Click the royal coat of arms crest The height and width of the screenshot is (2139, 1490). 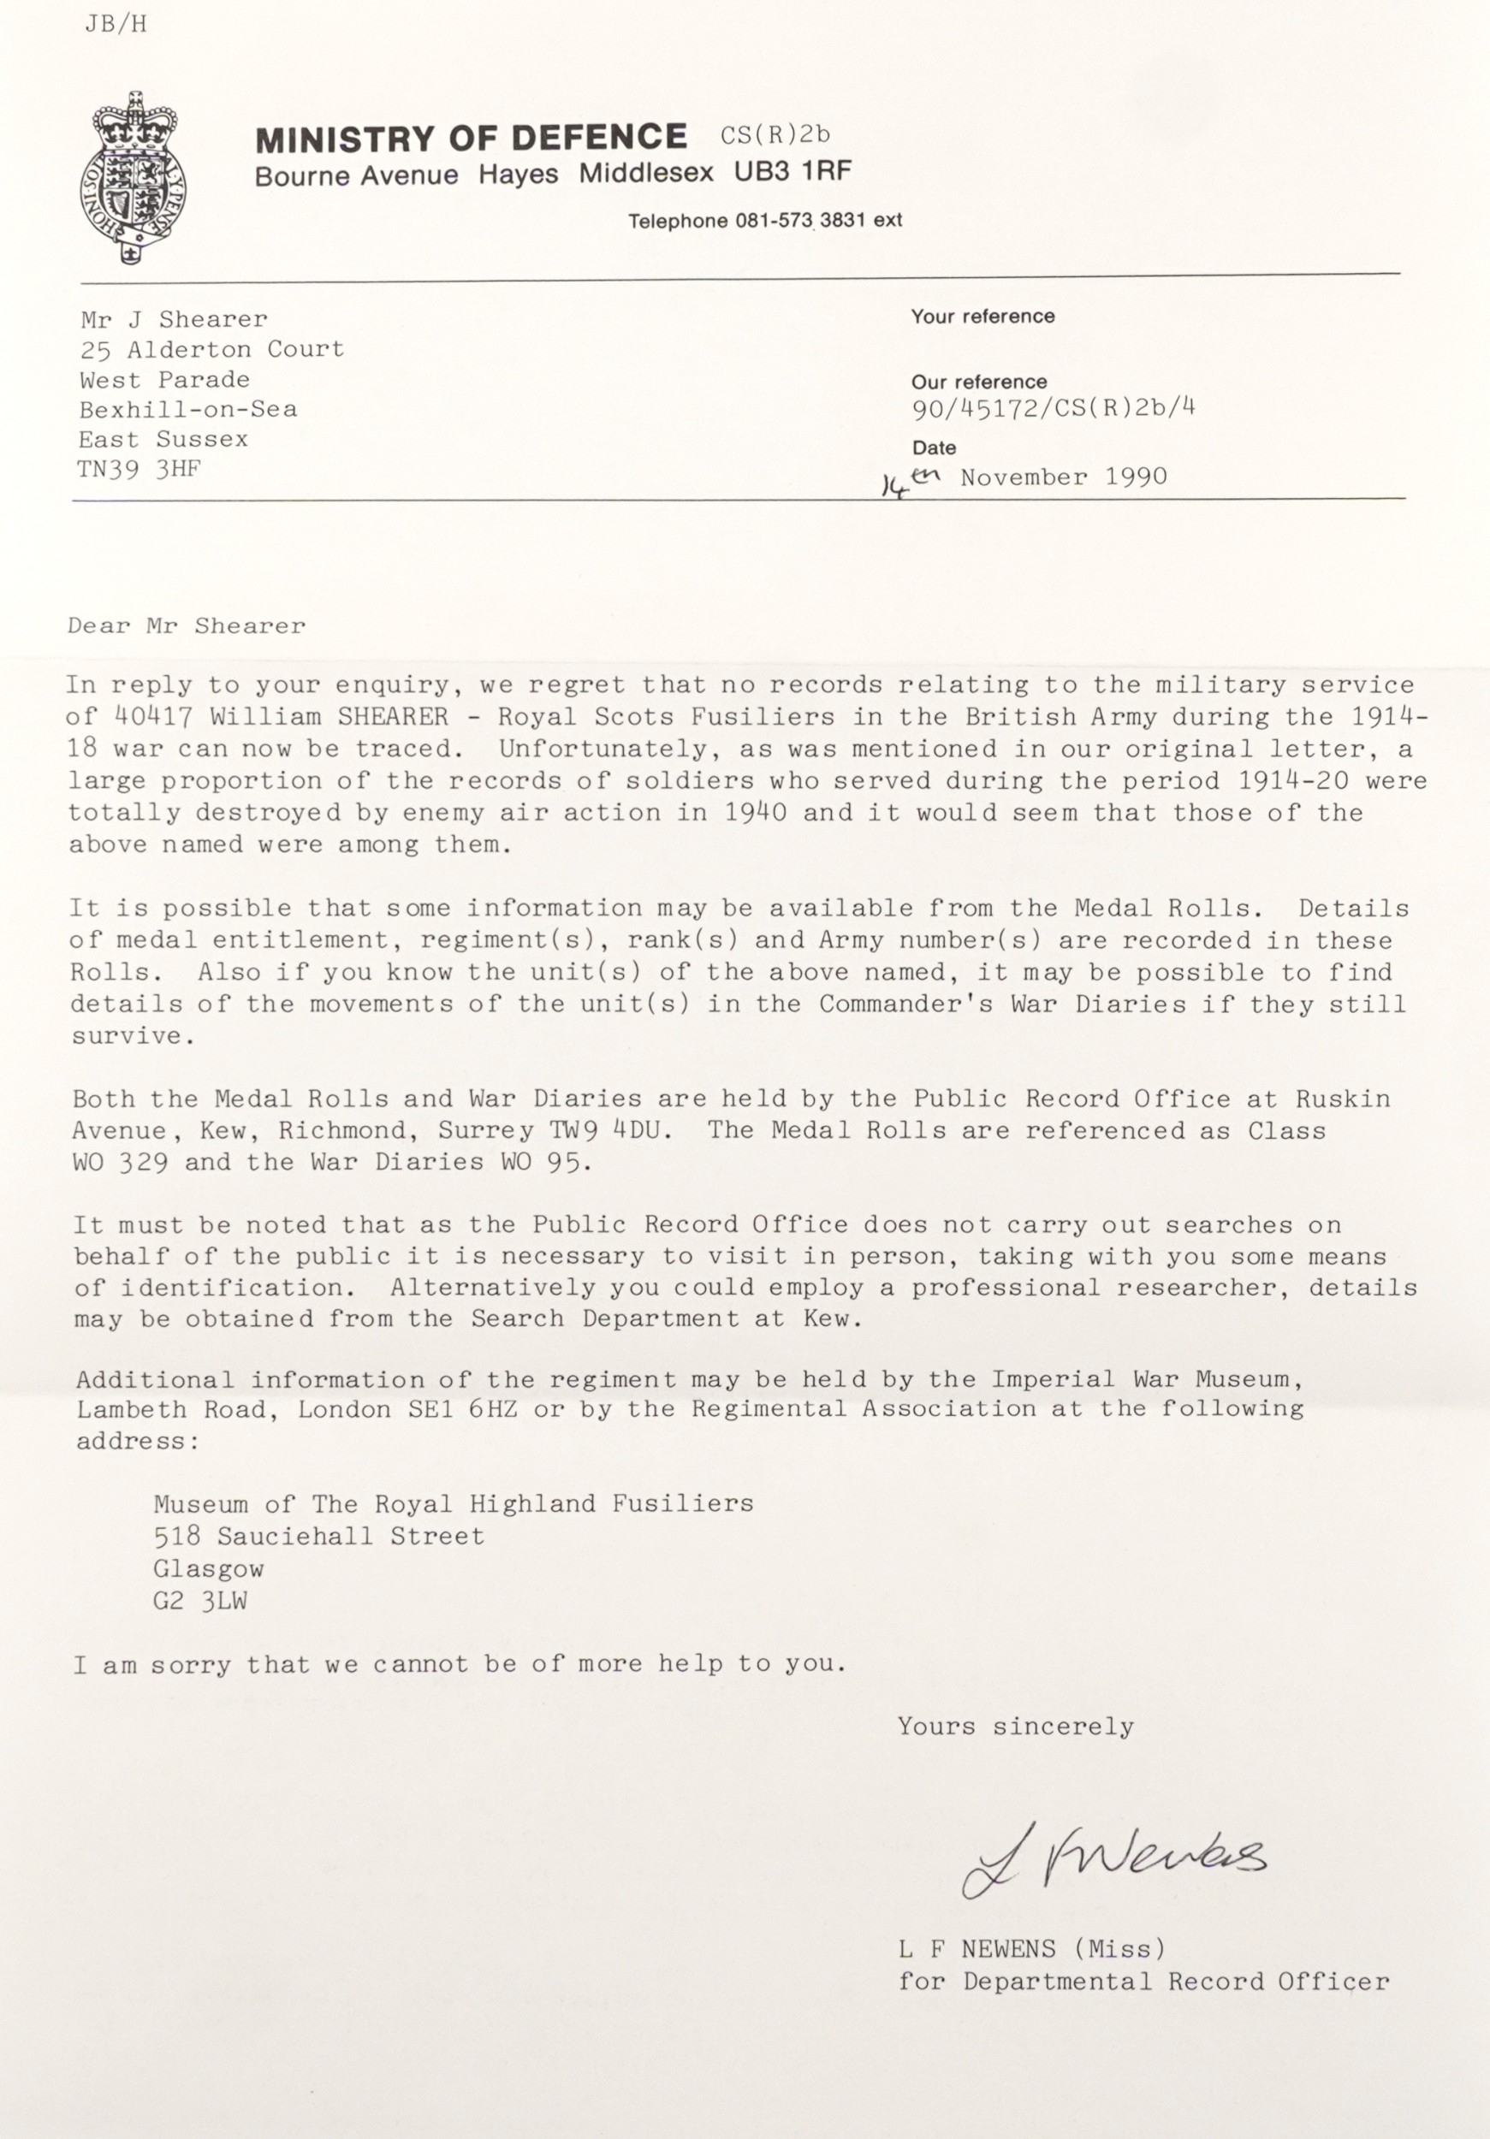(133, 176)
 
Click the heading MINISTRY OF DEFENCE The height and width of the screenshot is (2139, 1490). (471, 139)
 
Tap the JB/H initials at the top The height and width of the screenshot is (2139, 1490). (116, 25)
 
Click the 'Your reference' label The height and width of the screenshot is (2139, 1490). (982, 317)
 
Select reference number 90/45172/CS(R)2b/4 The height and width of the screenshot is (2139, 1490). (1053, 409)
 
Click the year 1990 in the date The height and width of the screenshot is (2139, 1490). (1136, 477)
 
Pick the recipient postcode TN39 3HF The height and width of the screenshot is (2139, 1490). (139, 469)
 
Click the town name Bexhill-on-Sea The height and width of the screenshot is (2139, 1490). (188, 409)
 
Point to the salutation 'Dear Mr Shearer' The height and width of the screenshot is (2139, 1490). (187, 626)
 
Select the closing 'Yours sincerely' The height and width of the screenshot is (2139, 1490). (1016, 1727)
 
